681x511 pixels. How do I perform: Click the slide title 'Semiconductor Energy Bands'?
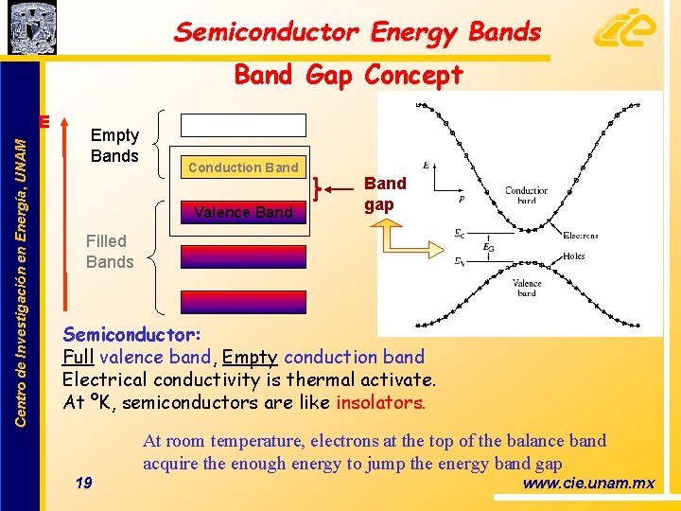click(358, 32)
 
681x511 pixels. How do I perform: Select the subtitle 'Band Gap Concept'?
click(348, 74)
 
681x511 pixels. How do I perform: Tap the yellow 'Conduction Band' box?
click(243, 167)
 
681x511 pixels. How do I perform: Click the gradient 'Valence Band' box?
click(243, 212)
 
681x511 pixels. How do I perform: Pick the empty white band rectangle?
click(244, 126)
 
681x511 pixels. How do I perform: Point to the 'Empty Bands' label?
click(114, 146)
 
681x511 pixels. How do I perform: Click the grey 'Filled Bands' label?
click(109, 252)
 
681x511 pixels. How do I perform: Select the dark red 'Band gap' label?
click(385, 193)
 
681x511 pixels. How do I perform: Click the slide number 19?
click(83, 484)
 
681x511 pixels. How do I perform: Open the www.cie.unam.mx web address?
click(588, 484)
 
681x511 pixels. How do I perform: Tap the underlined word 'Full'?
click(78, 357)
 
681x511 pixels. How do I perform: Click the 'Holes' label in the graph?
click(573, 256)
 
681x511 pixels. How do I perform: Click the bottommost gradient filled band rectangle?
click(244, 302)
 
